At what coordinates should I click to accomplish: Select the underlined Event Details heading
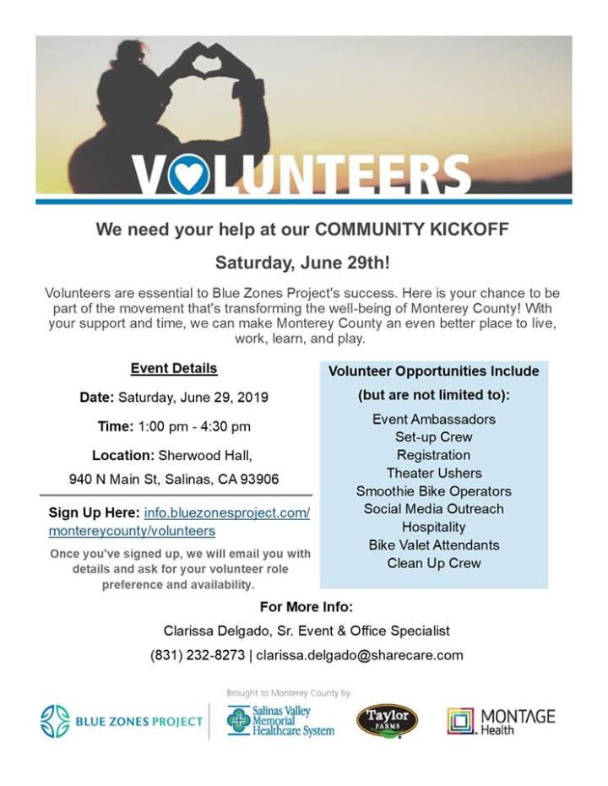pyautogui.click(x=174, y=368)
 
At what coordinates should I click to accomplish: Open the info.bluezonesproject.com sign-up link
pyautogui.click(x=227, y=512)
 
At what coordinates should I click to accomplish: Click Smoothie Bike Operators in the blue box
pyautogui.click(x=433, y=491)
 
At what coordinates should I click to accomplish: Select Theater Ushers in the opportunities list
pyautogui.click(x=433, y=473)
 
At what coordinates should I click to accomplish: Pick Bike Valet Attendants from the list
pyautogui.click(x=433, y=545)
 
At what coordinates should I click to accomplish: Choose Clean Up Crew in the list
pyautogui.click(x=433, y=563)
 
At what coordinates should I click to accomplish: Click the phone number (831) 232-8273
pyautogui.click(x=198, y=654)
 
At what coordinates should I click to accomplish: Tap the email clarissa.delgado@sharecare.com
pyautogui.click(x=360, y=654)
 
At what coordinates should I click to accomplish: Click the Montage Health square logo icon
pyautogui.click(x=461, y=721)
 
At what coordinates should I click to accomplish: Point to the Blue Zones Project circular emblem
pyautogui.click(x=55, y=722)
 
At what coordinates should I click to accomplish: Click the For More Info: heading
pyautogui.click(x=306, y=607)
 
